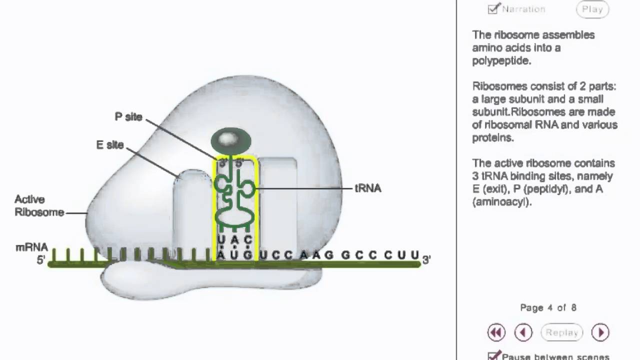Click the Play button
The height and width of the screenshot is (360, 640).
[x=592, y=9]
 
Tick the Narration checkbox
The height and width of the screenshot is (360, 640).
[x=493, y=9]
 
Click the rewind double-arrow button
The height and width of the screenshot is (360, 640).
[x=496, y=332]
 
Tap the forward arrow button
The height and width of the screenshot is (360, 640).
[x=600, y=332]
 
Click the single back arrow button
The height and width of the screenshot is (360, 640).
[x=523, y=332]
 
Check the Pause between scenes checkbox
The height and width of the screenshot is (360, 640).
[x=493, y=356]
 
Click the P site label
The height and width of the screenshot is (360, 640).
[x=128, y=117]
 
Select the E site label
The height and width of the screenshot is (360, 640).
[x=110, y=145]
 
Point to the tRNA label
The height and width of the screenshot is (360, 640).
[x=368, y=188]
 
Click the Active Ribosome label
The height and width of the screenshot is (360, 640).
[x=39, y=206]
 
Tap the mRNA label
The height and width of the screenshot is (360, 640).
[x=31, y=247]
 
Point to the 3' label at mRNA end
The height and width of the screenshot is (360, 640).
[x=426, y=259]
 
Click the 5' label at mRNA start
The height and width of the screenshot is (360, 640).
[x=41, y=260]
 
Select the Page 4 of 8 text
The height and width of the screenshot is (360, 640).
[x=548, y=307]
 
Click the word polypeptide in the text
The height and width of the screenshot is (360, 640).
[x=501, y=61]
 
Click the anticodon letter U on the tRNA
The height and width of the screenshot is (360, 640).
[x=221, y=238]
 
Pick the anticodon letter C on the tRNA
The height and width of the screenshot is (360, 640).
[x=248, y=238]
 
